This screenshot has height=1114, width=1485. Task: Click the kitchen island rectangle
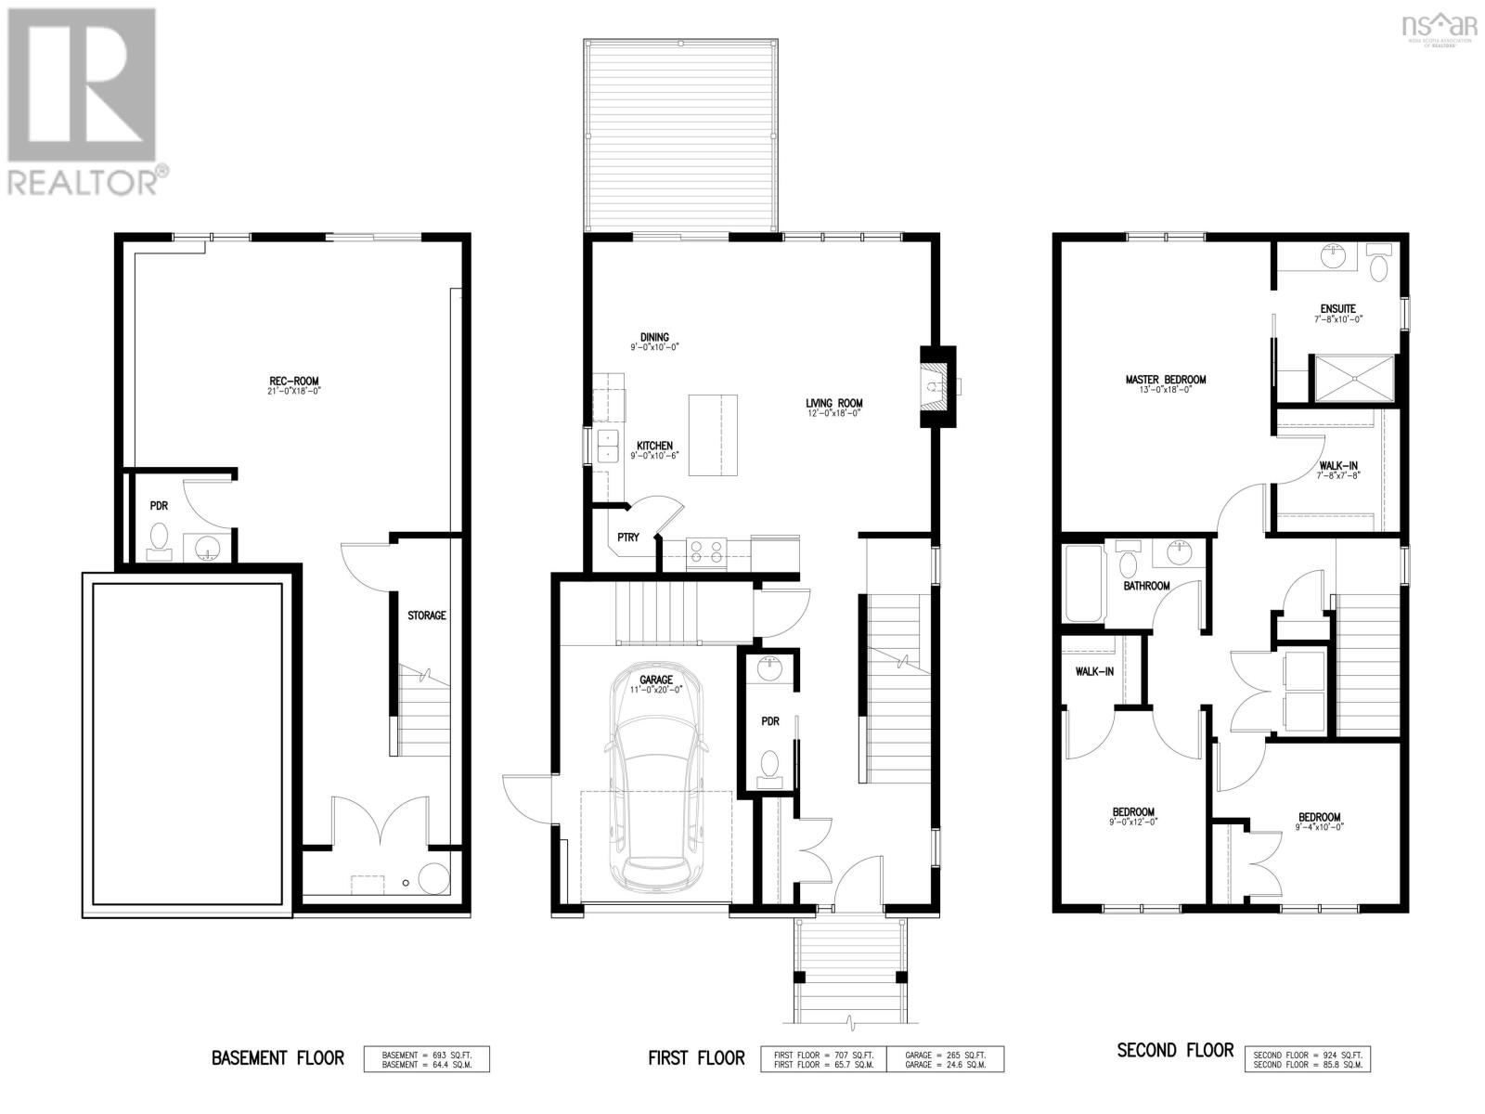tap(713, 434)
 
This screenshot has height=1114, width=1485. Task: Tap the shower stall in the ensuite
tap(1352, 378)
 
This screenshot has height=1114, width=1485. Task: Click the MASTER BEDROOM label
tap(1165, 380)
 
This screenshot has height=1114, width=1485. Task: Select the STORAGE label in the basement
tap(427, 615)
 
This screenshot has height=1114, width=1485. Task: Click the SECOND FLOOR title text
tap(1175, 1051)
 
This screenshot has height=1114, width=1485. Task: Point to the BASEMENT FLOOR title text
tap(278, 1058)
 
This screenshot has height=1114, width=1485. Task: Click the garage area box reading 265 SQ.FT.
tap(944, 1058)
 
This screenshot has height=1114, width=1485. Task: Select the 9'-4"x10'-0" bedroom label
tap(1319, 822)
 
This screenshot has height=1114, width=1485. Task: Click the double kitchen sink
tap(609, 447)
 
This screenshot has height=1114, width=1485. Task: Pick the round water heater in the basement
tap(433, 878)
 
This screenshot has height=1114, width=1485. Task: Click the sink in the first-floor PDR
tap(768, 668)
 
